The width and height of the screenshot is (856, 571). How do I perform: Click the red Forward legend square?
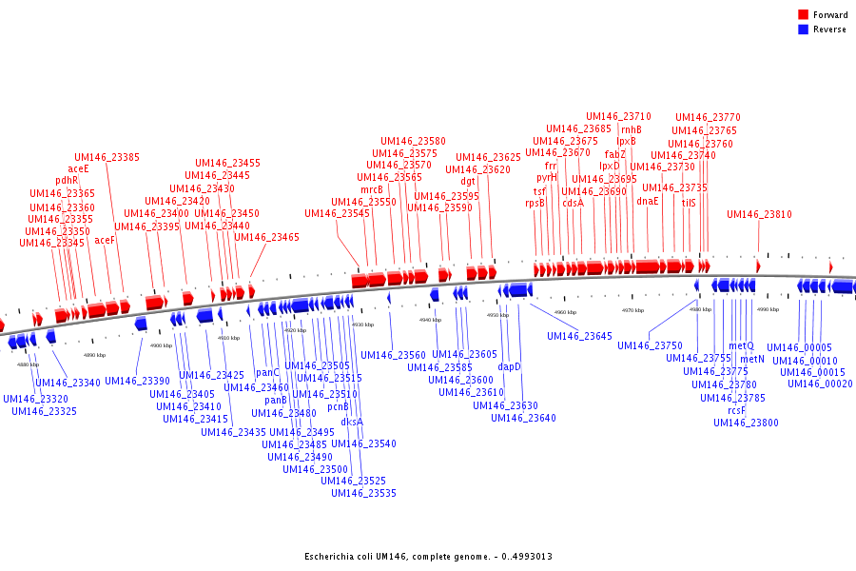[x=803, y=14]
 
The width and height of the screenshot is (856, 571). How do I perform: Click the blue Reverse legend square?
[x=803, y=29]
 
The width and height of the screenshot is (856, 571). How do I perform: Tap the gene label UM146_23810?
[x=759, y=215]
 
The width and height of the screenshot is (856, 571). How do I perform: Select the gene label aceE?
[x=78, y=168]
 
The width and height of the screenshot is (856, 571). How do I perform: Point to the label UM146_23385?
[x=107, y=158]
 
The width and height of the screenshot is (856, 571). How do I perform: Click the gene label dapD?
[x=510, y=366]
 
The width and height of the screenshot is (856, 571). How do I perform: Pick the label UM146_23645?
[x=579, y=336]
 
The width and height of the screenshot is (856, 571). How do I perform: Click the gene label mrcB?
[x=372, y=189]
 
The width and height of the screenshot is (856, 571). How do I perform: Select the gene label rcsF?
[x=737, y=410]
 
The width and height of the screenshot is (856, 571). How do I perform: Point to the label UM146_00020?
[x=820, y=384]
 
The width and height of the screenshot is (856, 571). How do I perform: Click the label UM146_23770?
[x=708, y=118]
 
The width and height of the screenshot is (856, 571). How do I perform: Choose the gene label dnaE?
[x=648, y=201]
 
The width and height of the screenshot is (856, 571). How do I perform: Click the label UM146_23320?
[x=35, y=400]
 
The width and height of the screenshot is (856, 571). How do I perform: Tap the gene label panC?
[x=268, y=373]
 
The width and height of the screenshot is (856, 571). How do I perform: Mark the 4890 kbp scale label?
[x=94, y=355]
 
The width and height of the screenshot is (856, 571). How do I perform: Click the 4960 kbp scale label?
[x=565, y=312]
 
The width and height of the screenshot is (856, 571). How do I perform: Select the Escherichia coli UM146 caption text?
[x=428, y=556]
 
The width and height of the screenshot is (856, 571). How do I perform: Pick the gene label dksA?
[x=352, y=422]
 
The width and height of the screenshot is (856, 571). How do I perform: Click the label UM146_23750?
[x=650, y=345]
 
